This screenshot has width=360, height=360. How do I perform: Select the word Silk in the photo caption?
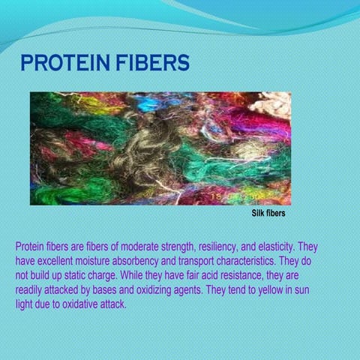(x=258, y=214)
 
